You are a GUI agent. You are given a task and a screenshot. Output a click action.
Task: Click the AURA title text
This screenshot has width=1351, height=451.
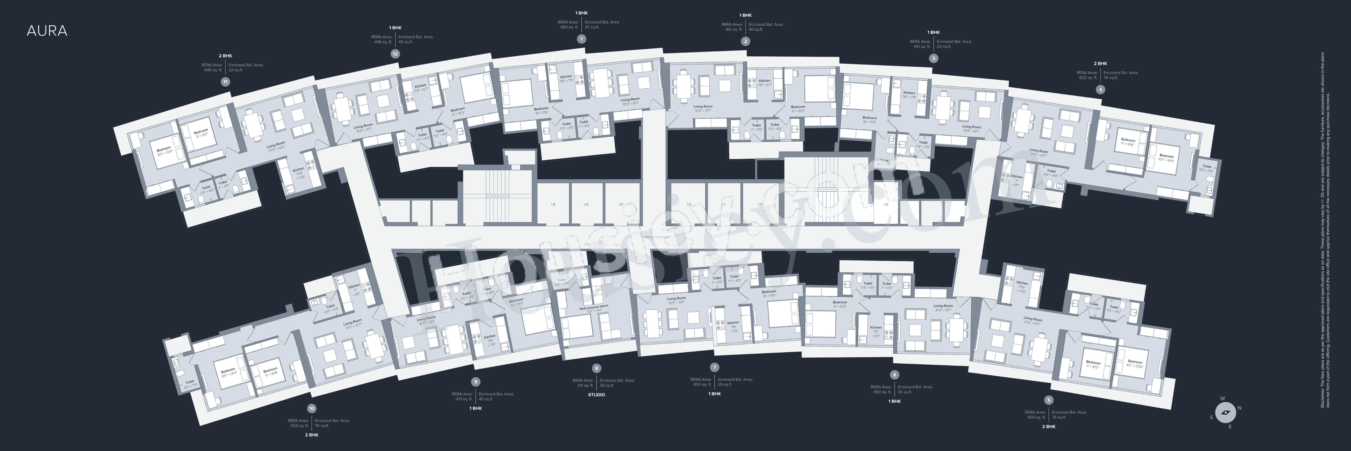click(47, 31)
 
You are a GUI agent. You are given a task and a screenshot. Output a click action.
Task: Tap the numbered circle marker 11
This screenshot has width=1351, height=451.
click(226, 82)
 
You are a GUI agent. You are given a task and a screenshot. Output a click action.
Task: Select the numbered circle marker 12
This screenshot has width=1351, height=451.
click(395, 54)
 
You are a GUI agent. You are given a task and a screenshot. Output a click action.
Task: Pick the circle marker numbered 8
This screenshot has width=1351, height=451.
click(596, 369)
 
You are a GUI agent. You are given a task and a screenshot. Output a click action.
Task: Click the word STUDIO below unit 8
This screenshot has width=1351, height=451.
click(596, 394)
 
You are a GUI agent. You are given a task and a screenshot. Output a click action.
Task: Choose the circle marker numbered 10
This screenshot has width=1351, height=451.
click(312, 408)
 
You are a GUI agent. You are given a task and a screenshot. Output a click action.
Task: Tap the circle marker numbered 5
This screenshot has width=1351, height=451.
click(1048, 400)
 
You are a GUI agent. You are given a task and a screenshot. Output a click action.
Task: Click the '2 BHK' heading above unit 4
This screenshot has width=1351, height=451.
click(1100, 63)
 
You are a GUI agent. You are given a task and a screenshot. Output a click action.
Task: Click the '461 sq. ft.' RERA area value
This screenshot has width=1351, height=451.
click(732, 29)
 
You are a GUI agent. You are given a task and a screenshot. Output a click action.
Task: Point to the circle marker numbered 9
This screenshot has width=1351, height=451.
click(476, 382)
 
